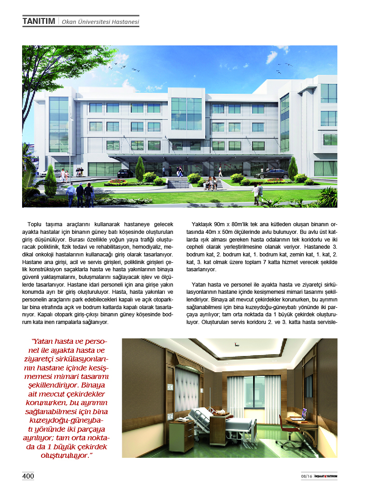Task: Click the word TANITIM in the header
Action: click(39, 21)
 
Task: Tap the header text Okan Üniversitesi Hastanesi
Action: click(100, 22)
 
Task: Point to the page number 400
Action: click(28, 476)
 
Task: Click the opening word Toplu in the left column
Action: click(35, 224)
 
